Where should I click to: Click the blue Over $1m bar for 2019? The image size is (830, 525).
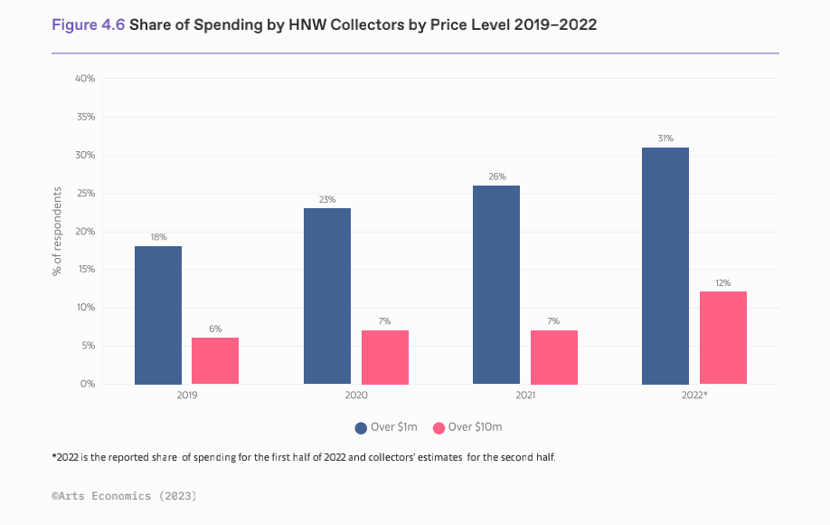[x=158, y=315]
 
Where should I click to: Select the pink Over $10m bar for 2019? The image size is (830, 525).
[x=215, y=361]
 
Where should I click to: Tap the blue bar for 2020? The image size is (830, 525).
[x=327, y=296]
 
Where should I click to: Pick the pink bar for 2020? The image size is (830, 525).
[x=385, y=358]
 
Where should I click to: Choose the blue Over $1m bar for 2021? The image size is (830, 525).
[x=496, y=284]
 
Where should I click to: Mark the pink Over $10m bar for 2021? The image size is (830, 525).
[x=553, y=358]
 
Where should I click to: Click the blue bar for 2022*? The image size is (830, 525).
[x=665, y=265]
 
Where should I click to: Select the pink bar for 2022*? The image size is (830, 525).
[x=723, y=338]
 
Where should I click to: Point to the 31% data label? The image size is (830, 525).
[x=665, y=138]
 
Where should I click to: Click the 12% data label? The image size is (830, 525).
[x=723, y=282]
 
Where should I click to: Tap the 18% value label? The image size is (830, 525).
[x=158, y=237]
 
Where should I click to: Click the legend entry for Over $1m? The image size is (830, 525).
[x=387, y=426]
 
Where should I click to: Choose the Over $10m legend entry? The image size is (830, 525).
[x=468, y=426]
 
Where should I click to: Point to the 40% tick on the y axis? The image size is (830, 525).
[x=85, y=79]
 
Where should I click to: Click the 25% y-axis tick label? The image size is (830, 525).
[x=85, y=194]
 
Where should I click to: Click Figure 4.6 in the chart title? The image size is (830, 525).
[x=89, y=25]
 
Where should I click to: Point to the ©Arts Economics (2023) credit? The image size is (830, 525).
[x=124, y=496]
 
